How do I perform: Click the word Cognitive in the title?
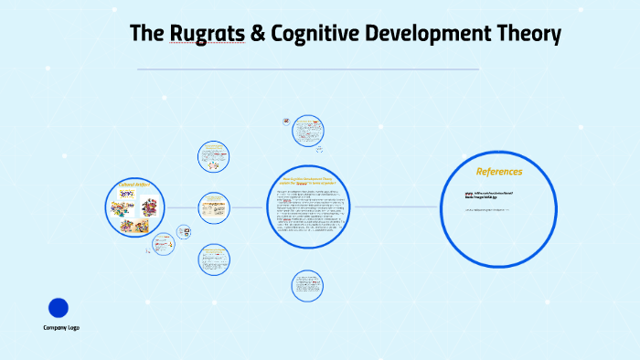[311, 36]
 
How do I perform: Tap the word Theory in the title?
[527, 36]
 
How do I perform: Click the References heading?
[499, 171]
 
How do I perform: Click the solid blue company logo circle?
[59, 308]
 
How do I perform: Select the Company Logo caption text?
[61, 327]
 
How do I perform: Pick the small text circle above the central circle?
[308, 131]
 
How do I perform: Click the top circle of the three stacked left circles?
[213, 156]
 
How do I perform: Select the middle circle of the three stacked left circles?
[213, 207]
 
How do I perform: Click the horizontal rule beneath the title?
[307, 69]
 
